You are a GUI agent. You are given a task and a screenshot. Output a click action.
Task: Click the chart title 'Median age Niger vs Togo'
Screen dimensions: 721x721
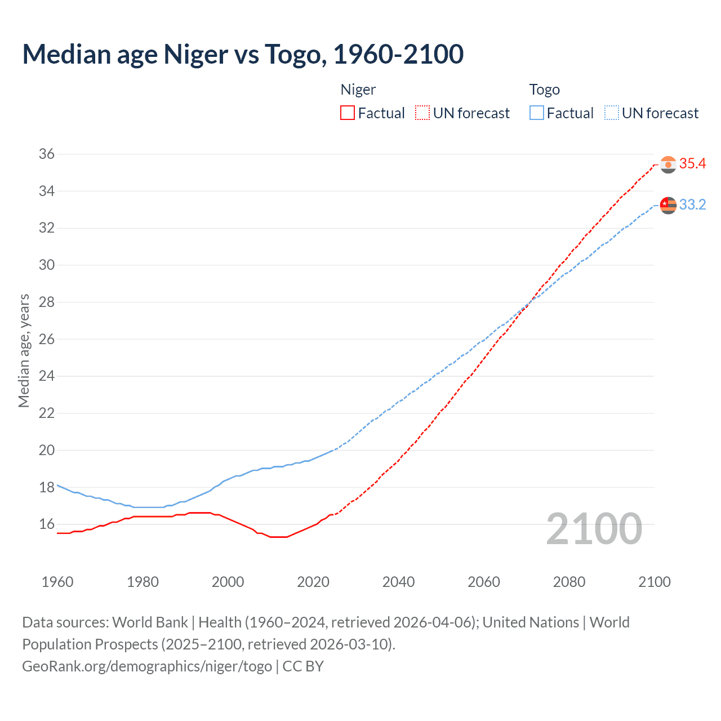[243, 54]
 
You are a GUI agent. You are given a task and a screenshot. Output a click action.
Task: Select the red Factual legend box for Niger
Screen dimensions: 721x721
[348, 113]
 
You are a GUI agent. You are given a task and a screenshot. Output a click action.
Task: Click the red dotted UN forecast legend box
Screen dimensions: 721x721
[422, 113]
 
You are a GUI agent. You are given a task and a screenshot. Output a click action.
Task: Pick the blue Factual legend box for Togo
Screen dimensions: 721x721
[537, 113]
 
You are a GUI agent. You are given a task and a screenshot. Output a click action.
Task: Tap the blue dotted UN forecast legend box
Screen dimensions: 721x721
[612, 113]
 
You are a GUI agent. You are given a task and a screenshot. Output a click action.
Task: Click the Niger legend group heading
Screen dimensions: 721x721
[358, 90]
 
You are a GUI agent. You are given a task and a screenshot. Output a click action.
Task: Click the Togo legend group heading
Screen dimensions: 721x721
[544, 90]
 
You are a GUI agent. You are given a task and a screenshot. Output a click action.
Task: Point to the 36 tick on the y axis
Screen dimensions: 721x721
[47, 154]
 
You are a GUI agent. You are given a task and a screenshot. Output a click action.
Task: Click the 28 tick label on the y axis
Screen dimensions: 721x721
[47, 302]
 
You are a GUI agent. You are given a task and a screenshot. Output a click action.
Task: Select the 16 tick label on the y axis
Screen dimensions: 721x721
[47, 524]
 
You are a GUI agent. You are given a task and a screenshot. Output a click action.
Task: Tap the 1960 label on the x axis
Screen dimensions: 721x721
[57, 582]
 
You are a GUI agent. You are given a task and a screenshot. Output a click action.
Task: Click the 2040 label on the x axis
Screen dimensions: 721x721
[398, 582]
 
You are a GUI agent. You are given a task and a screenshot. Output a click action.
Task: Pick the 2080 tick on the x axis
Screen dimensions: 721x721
[569, 582]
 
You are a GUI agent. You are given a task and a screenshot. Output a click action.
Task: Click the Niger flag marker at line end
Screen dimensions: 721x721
[668, 164]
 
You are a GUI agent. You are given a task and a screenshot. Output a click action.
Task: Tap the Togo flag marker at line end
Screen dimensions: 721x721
[668, 205]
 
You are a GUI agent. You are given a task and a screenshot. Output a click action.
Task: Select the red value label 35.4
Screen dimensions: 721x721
[692, 164]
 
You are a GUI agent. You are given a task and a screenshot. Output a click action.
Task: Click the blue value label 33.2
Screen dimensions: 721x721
[692, 204]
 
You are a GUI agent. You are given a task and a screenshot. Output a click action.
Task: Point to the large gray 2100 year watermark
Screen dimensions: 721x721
[594, 529]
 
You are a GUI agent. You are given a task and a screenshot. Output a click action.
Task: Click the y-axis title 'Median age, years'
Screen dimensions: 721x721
[24, 350]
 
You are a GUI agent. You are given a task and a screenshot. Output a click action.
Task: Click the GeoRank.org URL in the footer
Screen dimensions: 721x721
[147, 666]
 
